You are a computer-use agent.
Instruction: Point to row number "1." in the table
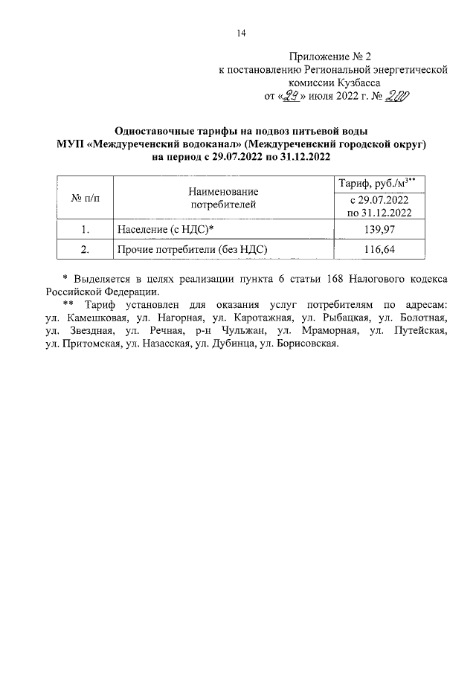click(86, 230)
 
